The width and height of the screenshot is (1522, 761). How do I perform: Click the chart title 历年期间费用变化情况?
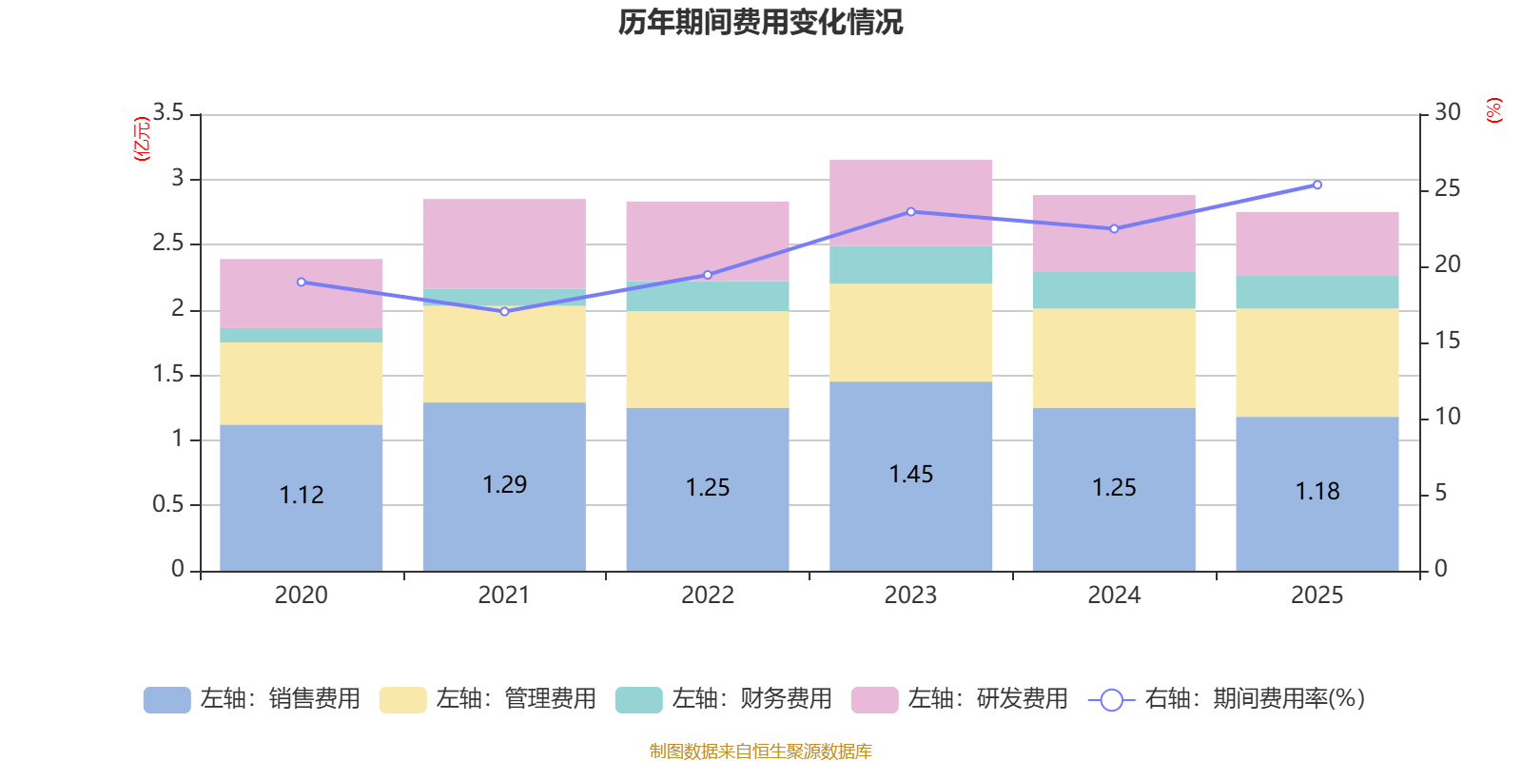tap(760, 22)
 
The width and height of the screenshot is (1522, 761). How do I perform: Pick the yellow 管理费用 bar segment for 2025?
tap(1317, 362)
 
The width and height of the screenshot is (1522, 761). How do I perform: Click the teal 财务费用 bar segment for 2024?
tap(1113, 290)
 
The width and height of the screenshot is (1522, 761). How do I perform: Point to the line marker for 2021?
tap(504, 311)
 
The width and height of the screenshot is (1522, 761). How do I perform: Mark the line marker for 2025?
tap(1317, 185)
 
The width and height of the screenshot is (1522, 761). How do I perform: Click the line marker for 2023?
tap(910, 211)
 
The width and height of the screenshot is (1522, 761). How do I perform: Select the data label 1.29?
tap(504, 484)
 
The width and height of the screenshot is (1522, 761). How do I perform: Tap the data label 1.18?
tap(1317, 491)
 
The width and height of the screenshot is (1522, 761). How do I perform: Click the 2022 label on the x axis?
tap(707, 595)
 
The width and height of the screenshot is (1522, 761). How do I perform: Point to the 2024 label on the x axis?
tap(1113, 595)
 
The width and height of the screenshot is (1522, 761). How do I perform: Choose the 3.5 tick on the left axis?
tap(168, 113)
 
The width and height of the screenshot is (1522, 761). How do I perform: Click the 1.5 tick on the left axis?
tap(168, 374)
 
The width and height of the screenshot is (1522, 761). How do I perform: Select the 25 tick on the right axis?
tap(1447, 188)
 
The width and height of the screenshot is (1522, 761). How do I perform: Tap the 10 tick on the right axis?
tap(1447, 417)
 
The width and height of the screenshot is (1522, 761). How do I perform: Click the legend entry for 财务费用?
tap(723, 699)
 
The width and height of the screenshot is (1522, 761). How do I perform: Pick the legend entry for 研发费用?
tap(959, 699)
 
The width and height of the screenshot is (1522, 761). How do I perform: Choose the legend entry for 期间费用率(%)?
tap(1227, 699)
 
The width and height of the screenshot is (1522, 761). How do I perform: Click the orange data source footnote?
tap(760, 751)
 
